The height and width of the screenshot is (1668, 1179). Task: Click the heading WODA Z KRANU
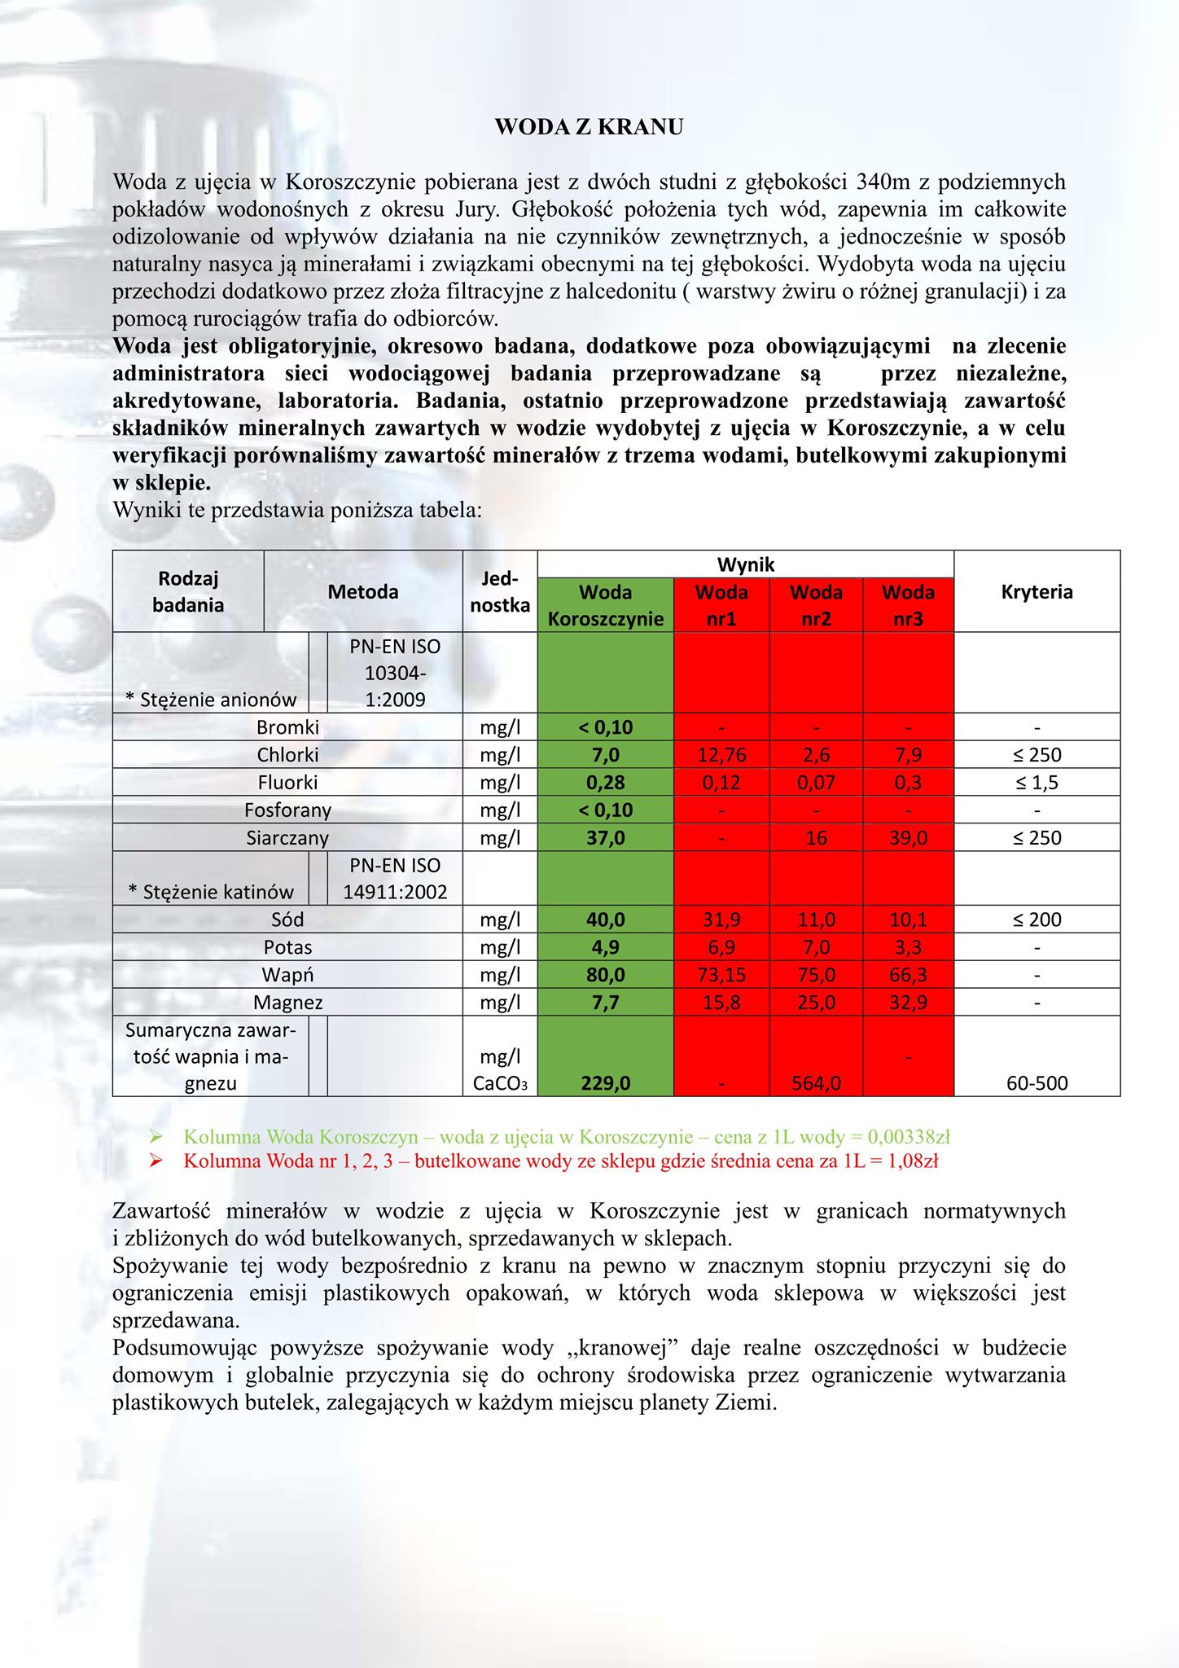pos(589,127)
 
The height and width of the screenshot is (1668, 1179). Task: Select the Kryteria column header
pos(1037,592)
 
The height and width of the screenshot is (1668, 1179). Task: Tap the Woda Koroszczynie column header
pos(606,605)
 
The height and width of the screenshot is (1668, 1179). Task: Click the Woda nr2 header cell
pos(816,605)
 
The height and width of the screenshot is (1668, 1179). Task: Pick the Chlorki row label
pos(287,755)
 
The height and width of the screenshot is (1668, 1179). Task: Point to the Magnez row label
pos(287,1003)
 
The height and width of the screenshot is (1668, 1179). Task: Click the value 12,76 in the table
pos(721,755)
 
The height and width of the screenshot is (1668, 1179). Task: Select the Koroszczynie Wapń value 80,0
pos(606,975)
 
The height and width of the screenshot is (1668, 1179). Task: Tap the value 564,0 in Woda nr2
pos(816,1083)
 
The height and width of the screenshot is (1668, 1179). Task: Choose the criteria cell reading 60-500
pos(1037,1083)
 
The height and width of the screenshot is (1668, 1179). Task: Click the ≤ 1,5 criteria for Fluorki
pos(1037,783)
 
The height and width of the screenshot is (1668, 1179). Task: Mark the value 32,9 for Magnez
pos(908,1003)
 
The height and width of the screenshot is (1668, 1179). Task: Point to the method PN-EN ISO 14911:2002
pos(395,879)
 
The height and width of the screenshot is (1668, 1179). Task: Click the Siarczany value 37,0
pos(606,838)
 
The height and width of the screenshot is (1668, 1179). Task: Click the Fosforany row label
pos(287,810)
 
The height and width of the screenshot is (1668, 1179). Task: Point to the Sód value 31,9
pos(721,920)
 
